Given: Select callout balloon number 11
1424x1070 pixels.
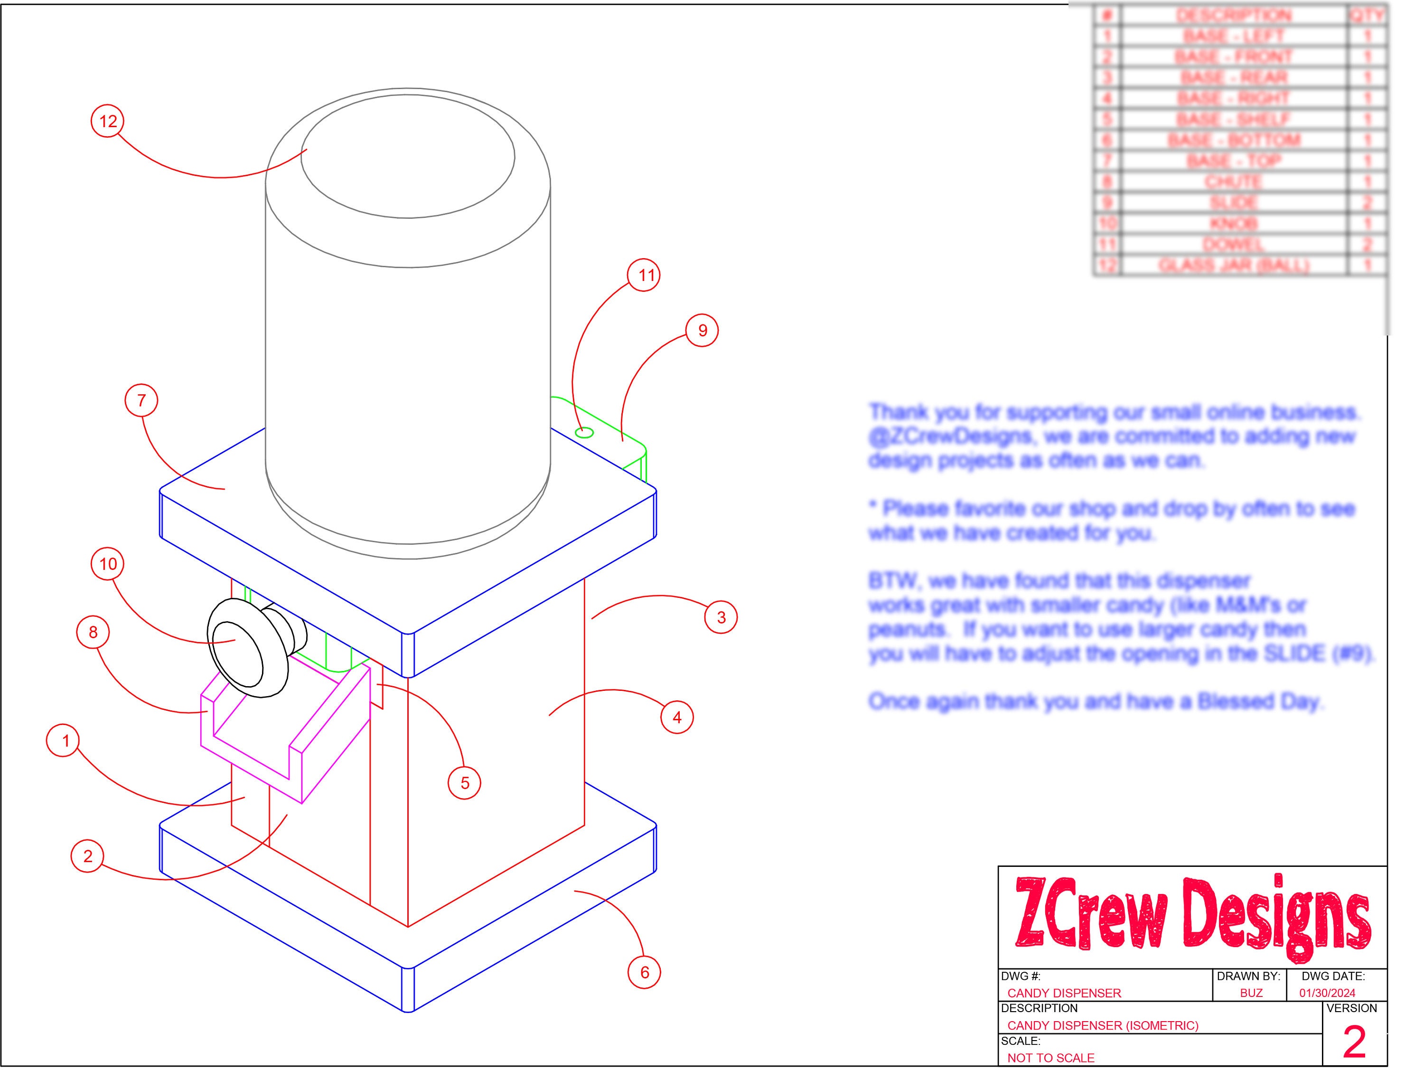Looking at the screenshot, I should point(645,275).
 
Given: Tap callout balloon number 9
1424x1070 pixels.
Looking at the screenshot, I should point(702,331).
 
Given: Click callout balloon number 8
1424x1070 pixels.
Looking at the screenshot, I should point(94,633).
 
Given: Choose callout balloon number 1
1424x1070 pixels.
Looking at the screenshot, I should point(65,741).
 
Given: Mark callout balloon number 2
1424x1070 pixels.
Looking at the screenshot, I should point(87,856).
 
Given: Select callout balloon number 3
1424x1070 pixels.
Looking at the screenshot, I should point(721,617).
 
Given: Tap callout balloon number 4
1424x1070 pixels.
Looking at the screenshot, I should point(676,717).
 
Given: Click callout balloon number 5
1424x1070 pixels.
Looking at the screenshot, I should point(465,783).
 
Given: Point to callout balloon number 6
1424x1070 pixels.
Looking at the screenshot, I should point(645,972).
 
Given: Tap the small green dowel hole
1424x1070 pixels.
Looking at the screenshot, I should point(584,432).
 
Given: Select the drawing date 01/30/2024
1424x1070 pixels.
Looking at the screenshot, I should point(1327,993).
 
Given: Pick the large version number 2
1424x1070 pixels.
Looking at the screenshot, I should point(1354,1043).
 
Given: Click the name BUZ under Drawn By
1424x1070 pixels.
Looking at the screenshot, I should point(1251,993).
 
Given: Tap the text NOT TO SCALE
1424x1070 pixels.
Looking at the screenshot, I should point(1050,1058).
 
